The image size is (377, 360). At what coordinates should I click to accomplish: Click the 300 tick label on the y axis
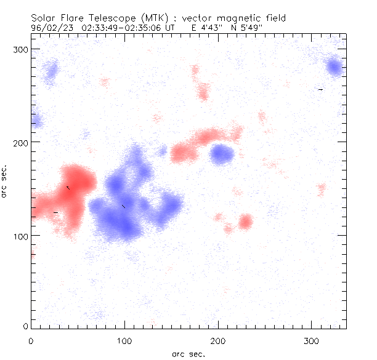click(x=22, y=49)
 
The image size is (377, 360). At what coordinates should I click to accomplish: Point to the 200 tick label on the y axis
click(x=22, y=142)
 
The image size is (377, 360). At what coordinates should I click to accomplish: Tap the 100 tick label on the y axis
click(x=22, y=236)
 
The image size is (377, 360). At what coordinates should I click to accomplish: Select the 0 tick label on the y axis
click(x=26, y=326)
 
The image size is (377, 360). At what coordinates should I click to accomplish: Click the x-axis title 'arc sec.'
click(x=188, y=353)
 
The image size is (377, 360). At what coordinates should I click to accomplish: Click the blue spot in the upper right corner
click(x=334, y=66)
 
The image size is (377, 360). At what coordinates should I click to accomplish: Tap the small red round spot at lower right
click(x=246, y=222)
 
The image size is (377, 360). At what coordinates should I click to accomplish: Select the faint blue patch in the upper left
click(x=51, y=71)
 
